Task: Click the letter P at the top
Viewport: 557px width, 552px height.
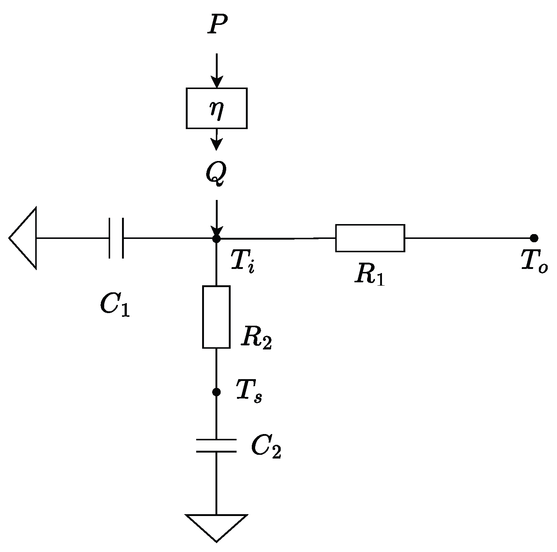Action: [x=217, y=25]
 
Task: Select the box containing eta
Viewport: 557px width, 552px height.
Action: [x=217, y=108]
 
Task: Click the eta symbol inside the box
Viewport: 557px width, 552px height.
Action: [x=217, y=110]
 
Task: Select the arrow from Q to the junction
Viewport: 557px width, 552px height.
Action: [x=217, y=217]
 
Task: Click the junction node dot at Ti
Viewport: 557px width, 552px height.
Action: [x=217, y=238]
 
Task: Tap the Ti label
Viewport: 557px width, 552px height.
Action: [x=243, y=261]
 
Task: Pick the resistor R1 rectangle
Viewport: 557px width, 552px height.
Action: [x=370, y=238]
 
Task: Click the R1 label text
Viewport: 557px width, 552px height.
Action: [x=369, y=275]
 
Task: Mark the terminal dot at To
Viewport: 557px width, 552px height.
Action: [x=534, y=238]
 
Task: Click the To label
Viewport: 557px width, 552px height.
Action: [x=534, y=262]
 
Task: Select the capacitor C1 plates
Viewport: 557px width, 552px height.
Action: [x=116, y=238]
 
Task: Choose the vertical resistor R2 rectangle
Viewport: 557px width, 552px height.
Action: [x=216, y=317]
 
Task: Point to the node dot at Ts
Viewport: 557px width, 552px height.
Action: [x=216, y=392]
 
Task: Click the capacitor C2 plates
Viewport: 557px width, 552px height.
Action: [x=216, y=445]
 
